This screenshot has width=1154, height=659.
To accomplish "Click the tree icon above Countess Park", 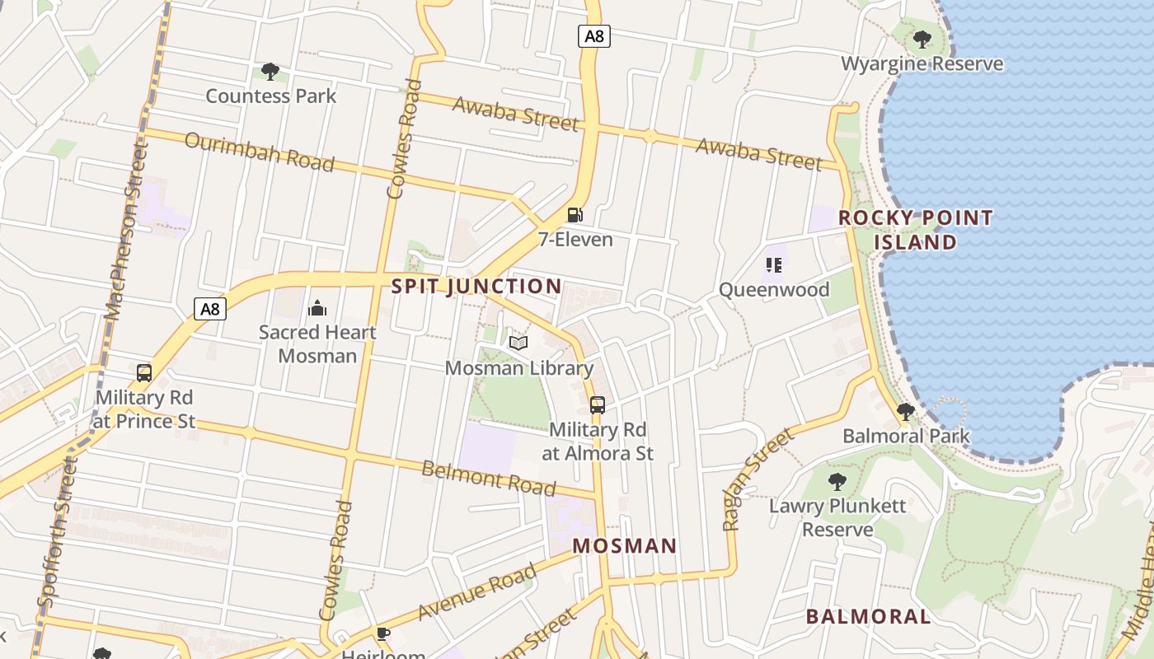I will coord(270,72).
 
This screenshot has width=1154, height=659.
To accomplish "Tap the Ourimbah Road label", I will coord(259,152).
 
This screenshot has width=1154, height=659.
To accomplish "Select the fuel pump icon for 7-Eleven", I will coord(575,215).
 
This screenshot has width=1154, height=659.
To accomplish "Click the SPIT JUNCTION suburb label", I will coord(476,287).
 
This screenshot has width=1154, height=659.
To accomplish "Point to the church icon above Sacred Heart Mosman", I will coord(317,309).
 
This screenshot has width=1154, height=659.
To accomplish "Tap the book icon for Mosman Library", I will coord(518,343).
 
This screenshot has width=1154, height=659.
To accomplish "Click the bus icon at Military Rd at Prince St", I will coord(144,372).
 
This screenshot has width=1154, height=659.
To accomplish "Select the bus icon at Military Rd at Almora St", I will coord(598,404).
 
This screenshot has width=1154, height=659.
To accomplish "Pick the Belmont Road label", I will coord(488,479).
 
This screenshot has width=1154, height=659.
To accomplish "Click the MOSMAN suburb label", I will coord(625,545).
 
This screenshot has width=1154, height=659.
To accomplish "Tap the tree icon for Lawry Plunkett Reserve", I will coord(837,481).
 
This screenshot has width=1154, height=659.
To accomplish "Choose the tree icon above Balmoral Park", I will coord(906,411).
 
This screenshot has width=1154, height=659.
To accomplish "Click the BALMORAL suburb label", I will coord(868,616).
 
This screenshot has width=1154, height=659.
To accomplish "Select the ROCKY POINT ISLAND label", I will coord(915,230).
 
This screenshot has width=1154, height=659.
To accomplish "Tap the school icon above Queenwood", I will coord(773,265).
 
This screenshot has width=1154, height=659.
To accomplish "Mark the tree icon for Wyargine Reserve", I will coord(922,39).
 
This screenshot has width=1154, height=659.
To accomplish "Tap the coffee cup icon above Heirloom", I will coord(382,633).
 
